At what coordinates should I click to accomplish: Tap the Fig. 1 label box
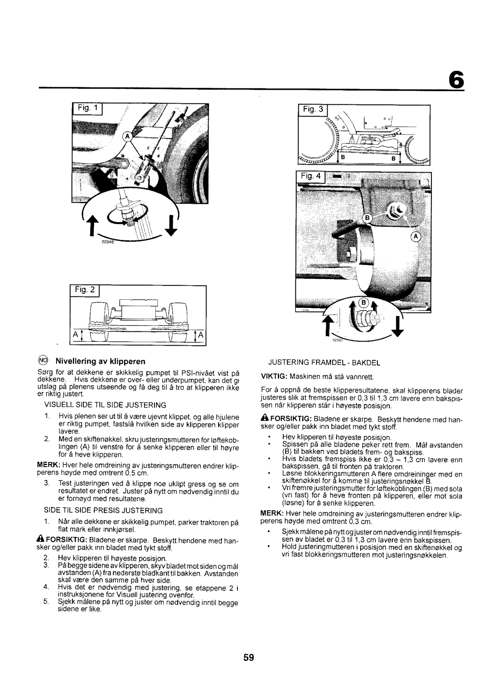(88, 108)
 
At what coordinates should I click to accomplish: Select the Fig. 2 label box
(85, 290)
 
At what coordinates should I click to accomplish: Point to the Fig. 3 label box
(313, 109)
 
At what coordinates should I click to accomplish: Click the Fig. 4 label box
(311, 176)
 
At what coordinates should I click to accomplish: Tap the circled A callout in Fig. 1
(127, 136)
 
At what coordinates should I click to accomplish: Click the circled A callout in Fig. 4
(416, 237)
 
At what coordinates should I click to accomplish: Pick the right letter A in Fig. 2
(201, 335)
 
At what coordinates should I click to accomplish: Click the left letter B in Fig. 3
(343, 157)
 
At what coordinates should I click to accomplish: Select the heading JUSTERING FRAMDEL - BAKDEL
(324, 363)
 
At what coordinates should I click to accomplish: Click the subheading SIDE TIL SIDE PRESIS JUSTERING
(103, 511)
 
